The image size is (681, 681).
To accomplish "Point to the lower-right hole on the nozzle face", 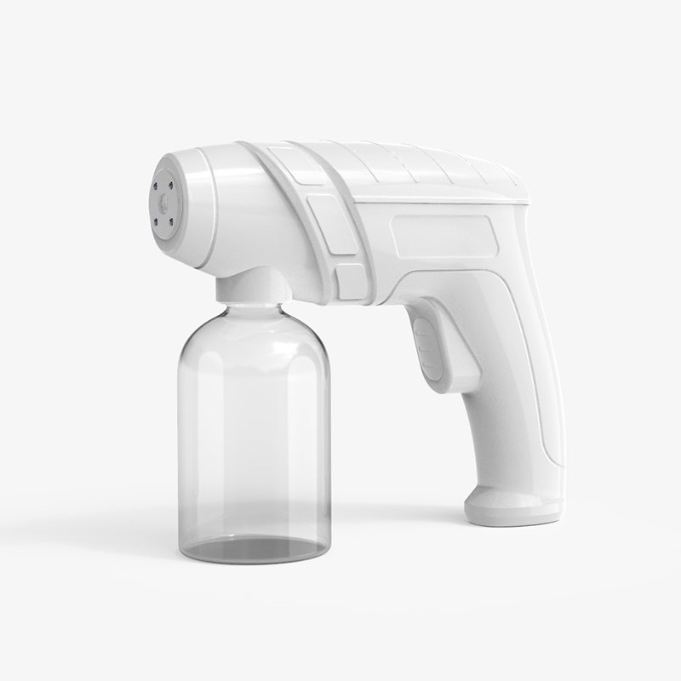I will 171,223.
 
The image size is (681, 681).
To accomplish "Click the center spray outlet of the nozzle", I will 162,203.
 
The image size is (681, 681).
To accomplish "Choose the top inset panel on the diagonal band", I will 294,165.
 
